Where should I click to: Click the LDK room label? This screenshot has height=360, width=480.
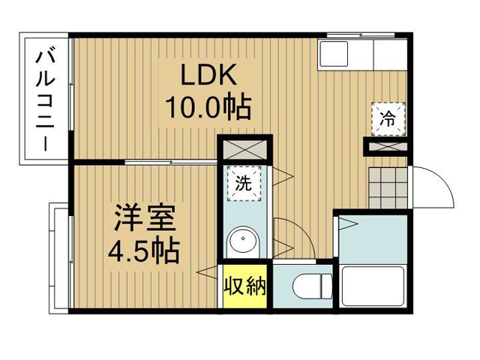click(208, 74)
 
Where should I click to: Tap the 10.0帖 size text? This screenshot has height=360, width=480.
click(208, 107)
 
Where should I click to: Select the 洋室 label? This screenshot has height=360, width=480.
click(145, 218)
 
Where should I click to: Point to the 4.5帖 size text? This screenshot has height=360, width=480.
click(143, 252)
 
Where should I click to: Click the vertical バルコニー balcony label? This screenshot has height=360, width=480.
click(45, 102)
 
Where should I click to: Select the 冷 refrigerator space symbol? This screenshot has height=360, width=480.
click(388, 118)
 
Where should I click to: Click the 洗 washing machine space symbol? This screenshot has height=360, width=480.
click(244, 183)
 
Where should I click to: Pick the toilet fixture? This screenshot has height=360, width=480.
click(312, 286)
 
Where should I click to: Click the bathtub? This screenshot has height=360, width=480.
click(373, 286)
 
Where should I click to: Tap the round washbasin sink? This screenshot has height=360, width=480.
click(243, 239)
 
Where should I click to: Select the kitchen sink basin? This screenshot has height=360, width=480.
click(333, 53)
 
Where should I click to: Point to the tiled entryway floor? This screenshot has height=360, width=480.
click(388, 187)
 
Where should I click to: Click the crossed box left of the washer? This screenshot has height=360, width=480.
click(244, 150)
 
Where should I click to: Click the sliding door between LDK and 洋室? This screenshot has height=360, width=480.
click(171, 162)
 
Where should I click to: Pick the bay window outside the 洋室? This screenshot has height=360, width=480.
click(60, 258)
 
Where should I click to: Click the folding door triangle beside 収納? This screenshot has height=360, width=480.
click(209, 271)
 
